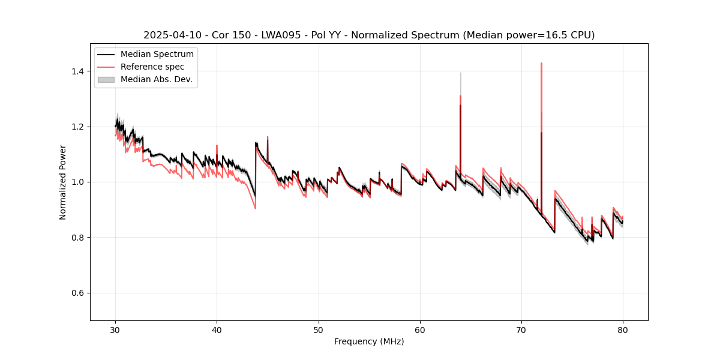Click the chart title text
(369, 35)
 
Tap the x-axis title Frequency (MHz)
(369, 341)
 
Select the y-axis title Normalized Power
(63, 182)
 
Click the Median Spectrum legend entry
(157, 55)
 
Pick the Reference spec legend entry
(152, 67)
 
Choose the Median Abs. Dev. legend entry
(156, 79)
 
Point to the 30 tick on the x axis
(116, 329)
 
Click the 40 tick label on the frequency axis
(217, 329)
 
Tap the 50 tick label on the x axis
(319, 329)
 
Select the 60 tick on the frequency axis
(420, 329)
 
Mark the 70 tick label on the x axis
(521, 329)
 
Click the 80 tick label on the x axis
(623, 329)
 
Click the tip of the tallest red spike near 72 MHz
(541, 63)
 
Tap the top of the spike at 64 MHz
(460, 73)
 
